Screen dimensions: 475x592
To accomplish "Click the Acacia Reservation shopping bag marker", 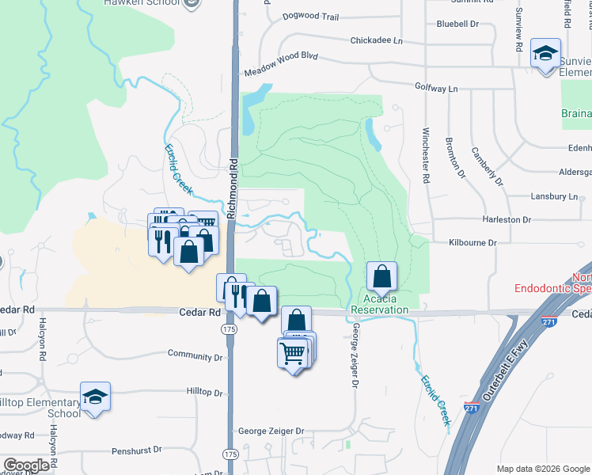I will tap(381, 277).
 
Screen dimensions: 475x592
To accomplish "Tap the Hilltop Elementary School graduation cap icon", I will tap(95, 397).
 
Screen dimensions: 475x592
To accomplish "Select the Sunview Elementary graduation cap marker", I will tap(545, 53).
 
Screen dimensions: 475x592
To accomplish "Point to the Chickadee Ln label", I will tap(377, 40).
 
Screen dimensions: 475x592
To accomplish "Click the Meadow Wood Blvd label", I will tap(280, 63).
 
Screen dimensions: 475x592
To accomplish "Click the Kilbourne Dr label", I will tap(472, 243).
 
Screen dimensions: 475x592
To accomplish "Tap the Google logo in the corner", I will tap(27, 465).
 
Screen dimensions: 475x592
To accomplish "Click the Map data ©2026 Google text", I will tap(543, 469).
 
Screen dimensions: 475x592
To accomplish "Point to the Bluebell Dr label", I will tap(457, 24).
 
